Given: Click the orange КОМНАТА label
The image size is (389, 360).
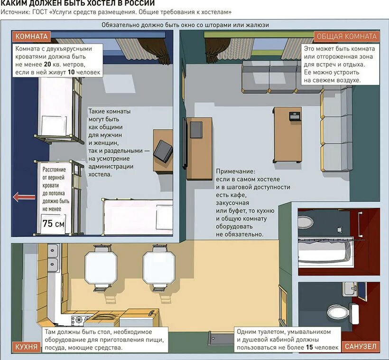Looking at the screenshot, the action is pyautogui.click(x=31, y=37).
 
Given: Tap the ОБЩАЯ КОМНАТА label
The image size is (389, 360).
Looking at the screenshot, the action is pyautogui.click(x=347, y=37).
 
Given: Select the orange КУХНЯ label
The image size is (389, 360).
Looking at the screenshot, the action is pyautogui.click(x=27, y=347).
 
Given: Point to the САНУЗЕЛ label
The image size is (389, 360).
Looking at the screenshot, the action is pyautogui.click(x=361, y=347).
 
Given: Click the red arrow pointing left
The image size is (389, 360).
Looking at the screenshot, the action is pyautogui.click(x=24, y=197).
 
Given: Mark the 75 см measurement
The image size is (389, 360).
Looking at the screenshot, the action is pyautogui.click(x=53, y=224).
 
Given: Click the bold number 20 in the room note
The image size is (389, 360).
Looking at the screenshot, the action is pyautogui.click(x=47, y=64).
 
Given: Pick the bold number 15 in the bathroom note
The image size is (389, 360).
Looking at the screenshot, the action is pyautogui.click(x=309, y=347).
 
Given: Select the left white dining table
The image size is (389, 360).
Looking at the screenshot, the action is pyautogui.click(x=101, y=267).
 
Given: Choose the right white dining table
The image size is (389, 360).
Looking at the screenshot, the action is pyautogui.click(x=159, y=267).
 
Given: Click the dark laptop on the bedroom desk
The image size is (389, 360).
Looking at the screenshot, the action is pyautogui.click(x=163, y=151).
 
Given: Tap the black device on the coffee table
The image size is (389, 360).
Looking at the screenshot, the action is pyautogui.click(x=295, y=116).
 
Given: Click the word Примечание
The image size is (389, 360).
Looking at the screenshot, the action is pyautogui.click(x=235, y=171).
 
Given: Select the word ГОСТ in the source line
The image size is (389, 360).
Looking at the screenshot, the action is pyautogui.click(x=39, y=12).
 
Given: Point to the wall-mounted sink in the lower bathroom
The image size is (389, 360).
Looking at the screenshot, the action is pyautogui.click(x=350, y=289).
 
